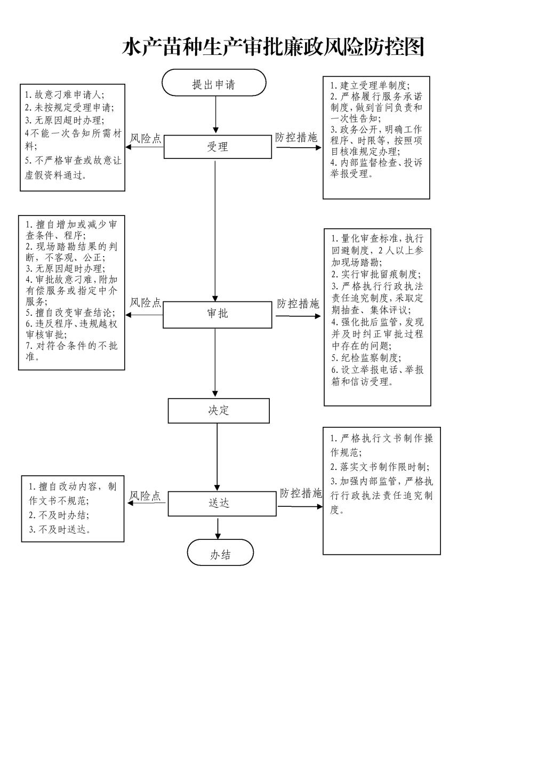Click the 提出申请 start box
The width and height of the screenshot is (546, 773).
click(x=214, y=83)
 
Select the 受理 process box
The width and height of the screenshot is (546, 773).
click(x=218, y=147)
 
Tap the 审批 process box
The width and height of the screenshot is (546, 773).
click(x=218, y=315)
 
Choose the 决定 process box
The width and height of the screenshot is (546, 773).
click(x=219, y=411)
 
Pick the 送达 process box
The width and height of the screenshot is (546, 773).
click(x=222, y=504)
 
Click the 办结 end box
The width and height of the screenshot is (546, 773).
click(x=220, y=553)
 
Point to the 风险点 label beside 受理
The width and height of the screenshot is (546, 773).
click(x=146, y=138)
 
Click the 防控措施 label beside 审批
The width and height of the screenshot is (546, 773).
click(x=298, y=304)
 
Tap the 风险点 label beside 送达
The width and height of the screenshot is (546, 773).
click(x=145, y=496)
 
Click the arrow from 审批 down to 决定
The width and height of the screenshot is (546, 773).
click(x=215, y=362)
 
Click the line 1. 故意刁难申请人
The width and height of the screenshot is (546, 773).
click(x=64, y=94)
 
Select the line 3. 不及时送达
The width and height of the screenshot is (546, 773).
click(x=60, y=530)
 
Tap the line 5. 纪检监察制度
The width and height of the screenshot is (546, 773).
click(x=366, y=357)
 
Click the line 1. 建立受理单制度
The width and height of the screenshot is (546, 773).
click(x=370, y=85)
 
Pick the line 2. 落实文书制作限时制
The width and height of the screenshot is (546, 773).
click(x=380, y=467)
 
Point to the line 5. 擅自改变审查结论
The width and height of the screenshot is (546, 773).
click(x=70, y=313)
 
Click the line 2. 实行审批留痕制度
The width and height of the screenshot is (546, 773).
click(x=376, y=274)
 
